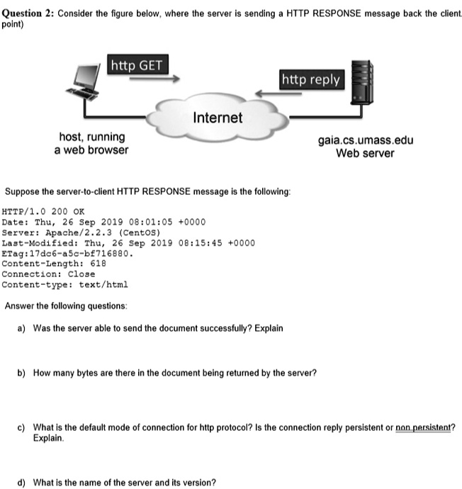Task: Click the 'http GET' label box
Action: pyautogui.click(x=137, y=67)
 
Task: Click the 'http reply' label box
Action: pyautogui.click(x=311, y=79)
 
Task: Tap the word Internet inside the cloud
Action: pyautogui.click(x=218, y=118)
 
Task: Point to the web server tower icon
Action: pyautogui.click(x=363, y=82)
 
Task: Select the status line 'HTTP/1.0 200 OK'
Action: pyautogui.click(x=43, y=210)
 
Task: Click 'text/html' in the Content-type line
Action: pyautogui.click(x=103, y=283)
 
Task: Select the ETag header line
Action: pyautogui.click(x=67, y=252)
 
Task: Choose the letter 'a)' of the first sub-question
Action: pyautogui.click(x=22, y=328)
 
